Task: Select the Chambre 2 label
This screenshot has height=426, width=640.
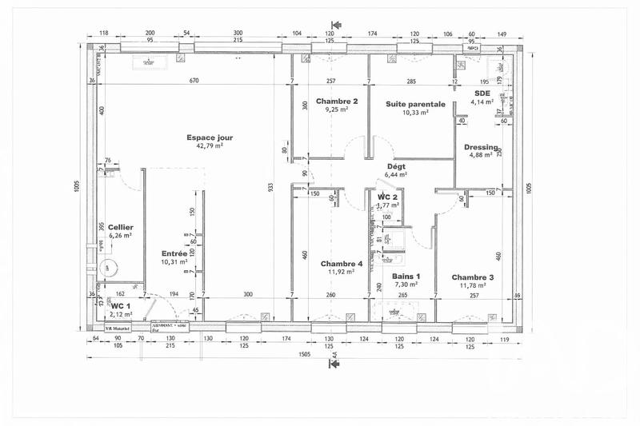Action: click(x=336, y=102)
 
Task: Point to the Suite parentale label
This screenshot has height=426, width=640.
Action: click(x=415, y=104)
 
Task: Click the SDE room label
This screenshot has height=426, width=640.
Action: click(x=482, y=93)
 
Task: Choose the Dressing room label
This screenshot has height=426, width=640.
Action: click(x=481, y=147)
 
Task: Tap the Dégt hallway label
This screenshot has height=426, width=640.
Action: click(x=396, y=165)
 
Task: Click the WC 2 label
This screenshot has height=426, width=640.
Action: click(x=388, y=197)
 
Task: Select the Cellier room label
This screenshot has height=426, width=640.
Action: click(x=120, y=227)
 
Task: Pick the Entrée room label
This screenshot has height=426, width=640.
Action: click(x=174, y=253)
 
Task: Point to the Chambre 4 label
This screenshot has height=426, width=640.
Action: click(x=342, y=264)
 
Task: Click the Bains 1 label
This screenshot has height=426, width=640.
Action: click(x=406, y=276)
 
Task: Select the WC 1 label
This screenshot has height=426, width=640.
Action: click(x=121, y=305)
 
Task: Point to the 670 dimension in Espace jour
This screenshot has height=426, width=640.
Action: click(x=194, y=82)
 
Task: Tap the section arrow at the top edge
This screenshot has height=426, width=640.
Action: click(x=337, y=26)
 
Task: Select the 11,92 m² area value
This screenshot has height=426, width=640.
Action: click(x=342, y=273)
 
